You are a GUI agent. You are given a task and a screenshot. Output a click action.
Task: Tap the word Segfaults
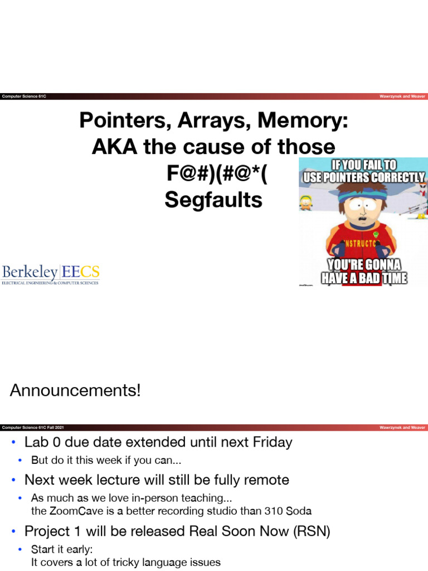[213, 200]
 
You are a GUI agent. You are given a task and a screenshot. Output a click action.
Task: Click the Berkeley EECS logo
[51, 274]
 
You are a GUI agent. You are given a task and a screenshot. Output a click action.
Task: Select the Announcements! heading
[75, 390]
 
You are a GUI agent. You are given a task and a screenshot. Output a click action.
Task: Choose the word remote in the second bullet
[264, 480]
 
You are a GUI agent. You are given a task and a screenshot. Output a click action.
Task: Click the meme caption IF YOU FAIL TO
[363, 164]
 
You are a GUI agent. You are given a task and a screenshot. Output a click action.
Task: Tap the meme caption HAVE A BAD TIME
[364, 277]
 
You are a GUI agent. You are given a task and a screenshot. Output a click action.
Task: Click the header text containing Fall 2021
[33, 427]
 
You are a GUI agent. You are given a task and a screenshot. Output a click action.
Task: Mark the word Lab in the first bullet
[35, 443]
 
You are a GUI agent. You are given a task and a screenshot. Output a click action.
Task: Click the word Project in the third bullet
[46, 532]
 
